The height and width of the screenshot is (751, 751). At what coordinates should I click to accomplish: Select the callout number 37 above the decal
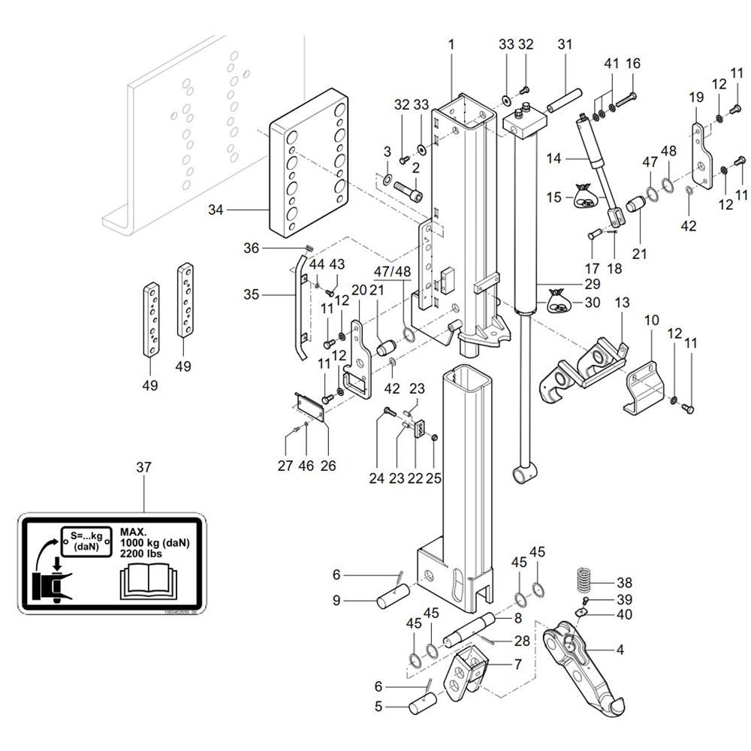click(143, 467)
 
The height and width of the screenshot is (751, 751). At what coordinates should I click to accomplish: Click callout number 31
click(565, 44)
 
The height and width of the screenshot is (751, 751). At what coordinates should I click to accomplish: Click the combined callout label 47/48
click(392, 270)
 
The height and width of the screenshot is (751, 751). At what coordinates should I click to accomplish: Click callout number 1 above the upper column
click(451, 44)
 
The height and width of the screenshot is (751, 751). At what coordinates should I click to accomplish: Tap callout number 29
click(593, 285)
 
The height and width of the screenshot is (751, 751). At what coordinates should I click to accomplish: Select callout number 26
click(327, 466)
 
